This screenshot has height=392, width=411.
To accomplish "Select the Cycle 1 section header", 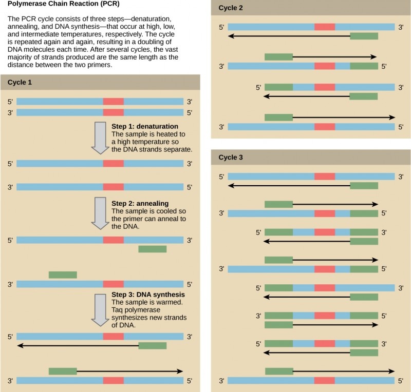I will click(20, 82).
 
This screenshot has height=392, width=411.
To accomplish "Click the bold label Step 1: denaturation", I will click(145, 126).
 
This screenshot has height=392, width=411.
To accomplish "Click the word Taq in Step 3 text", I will click(118, 311).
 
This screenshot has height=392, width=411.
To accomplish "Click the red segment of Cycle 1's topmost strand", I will click(113, 102).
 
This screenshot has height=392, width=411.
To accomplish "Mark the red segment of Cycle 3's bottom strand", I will click(325, 381).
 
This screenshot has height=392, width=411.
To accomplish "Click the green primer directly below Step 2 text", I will click(153, 249).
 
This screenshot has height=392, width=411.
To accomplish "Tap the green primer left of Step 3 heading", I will click(63, 275).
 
